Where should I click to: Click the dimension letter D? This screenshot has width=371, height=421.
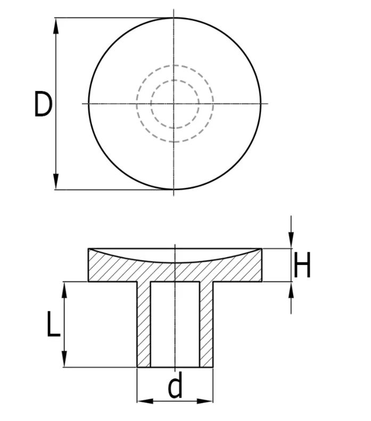point(43,104)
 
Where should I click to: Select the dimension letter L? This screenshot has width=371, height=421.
point(53,325)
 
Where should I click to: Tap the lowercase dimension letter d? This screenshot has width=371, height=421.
point(175,387)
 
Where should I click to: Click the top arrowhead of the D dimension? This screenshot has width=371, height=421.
point(56,24)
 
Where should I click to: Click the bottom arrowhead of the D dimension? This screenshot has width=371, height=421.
point(56,183)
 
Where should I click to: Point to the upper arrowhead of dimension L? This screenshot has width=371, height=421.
point(64,288)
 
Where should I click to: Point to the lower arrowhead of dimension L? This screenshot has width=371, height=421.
point(64,360)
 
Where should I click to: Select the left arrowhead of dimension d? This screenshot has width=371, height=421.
point(144,400)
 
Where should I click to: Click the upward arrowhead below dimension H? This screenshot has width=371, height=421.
point(291,288)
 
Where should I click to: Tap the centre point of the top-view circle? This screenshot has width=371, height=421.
point(175,103)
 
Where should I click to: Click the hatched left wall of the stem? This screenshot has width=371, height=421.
point(144,325)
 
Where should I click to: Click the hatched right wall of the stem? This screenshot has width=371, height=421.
point(206,325)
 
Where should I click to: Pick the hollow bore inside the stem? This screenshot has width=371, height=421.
point(175,325)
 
